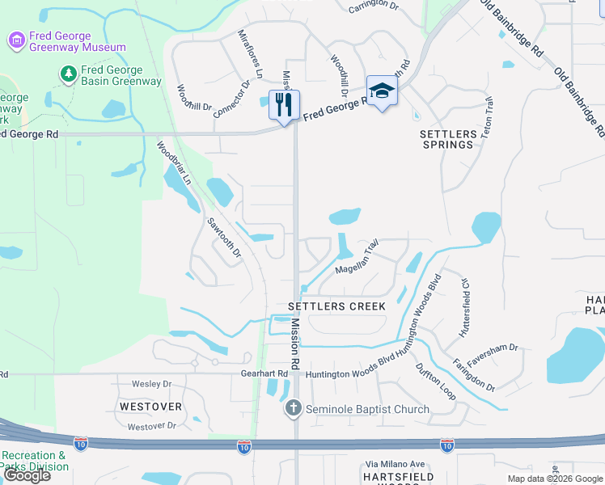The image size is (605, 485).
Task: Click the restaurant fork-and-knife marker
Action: pos(284,105)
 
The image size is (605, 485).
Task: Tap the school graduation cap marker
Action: pos(382,91)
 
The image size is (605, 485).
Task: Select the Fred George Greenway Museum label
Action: pos(78,40)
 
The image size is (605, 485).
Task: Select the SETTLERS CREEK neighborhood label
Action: pos(337,307)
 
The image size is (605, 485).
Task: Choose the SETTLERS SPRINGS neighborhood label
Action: pos(447,138)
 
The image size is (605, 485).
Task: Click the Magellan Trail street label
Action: pos(357,257)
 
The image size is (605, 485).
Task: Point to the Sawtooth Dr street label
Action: pos(224,238)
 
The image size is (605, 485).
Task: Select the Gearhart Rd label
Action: pos(264,373)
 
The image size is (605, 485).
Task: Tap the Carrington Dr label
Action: pos(374,8)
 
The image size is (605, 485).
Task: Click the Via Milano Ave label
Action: pos(395,464)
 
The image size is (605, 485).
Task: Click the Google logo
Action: pos(26,475)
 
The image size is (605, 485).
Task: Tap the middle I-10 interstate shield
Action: pos(243,445)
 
